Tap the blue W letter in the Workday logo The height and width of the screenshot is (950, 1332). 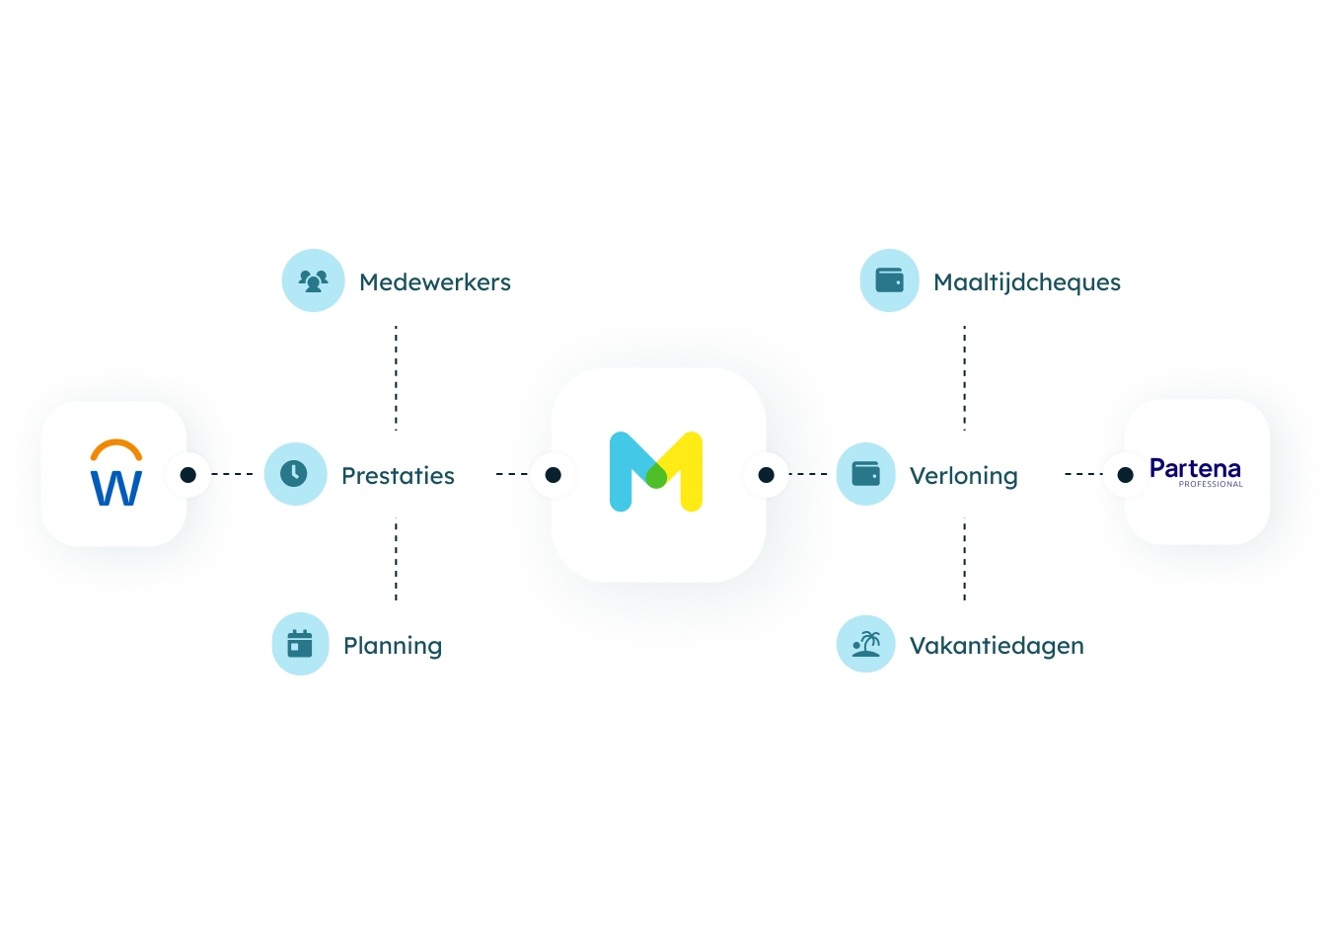pos(116,488)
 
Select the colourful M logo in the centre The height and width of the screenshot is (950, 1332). pos(656,471)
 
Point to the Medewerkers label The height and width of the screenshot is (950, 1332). pos(435,282)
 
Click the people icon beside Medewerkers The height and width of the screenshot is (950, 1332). pos(314,280)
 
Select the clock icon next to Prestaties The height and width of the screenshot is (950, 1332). pos(294,474)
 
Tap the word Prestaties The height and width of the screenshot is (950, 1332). pos(398,476)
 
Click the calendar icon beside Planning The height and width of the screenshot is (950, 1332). pos(300,644)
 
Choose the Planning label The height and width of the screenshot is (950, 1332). pos(393,646)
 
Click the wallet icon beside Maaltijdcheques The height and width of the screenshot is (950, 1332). pos(890,280)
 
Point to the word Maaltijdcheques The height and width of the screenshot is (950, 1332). pos(1027,282)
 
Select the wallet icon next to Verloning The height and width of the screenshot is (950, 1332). pos(866,474)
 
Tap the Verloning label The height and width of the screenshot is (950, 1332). pos(964,476)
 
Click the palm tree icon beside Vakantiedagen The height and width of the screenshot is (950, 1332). pos(866,644)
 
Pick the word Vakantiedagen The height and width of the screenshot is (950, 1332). pos(997,646)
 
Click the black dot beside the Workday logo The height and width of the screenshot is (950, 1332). pos(187,474)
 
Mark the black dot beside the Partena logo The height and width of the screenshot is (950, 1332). pos(1125,474)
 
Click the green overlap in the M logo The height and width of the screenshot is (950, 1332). pos(656,477)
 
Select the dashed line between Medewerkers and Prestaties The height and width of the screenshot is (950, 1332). pos(396,378)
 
